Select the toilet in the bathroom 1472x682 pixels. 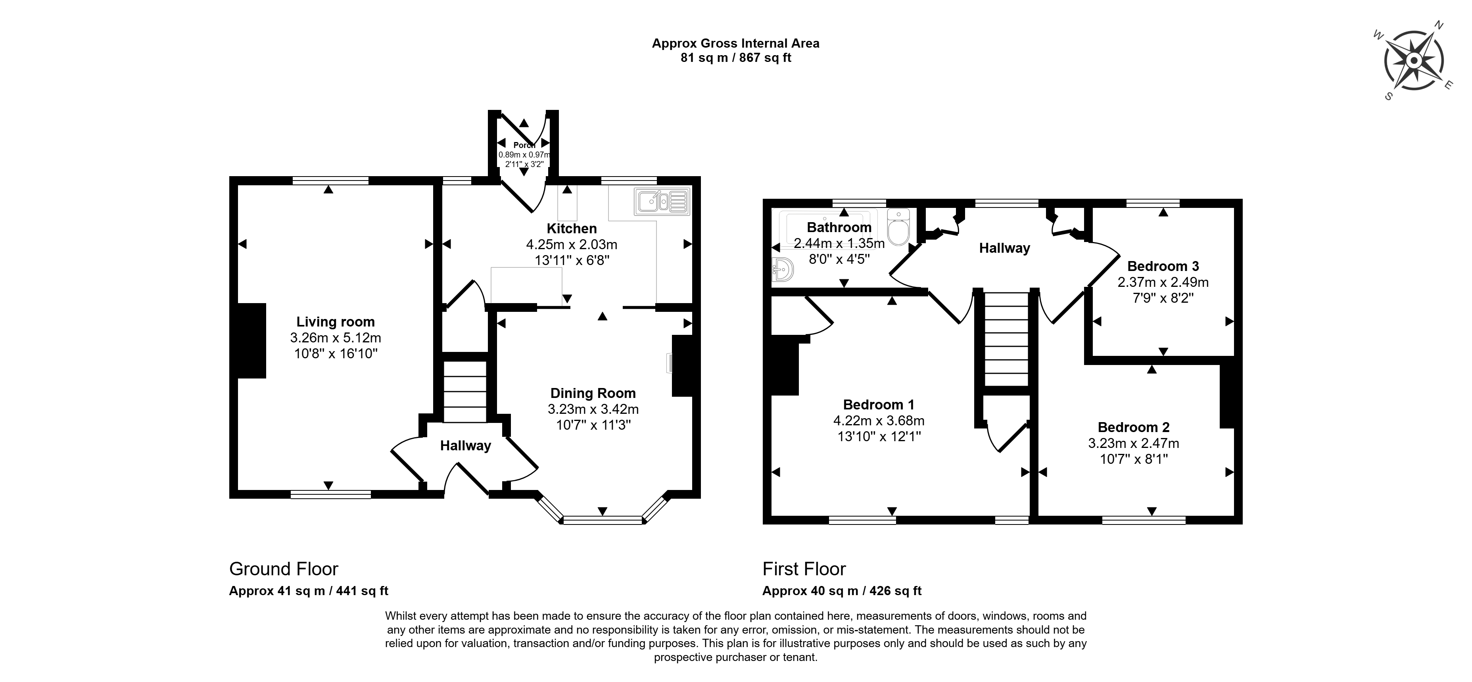899,227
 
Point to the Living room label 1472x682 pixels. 336,322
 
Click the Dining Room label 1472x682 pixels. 593,393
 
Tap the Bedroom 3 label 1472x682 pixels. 1163,266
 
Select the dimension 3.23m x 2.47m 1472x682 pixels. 1133,443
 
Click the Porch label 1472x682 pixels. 524,145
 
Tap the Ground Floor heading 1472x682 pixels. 284,569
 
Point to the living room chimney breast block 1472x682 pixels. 251,341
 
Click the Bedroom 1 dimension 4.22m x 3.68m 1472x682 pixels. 878,421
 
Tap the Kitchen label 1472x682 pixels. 572,229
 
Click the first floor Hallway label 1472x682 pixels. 1004,248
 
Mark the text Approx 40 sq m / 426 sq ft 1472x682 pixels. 842,591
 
